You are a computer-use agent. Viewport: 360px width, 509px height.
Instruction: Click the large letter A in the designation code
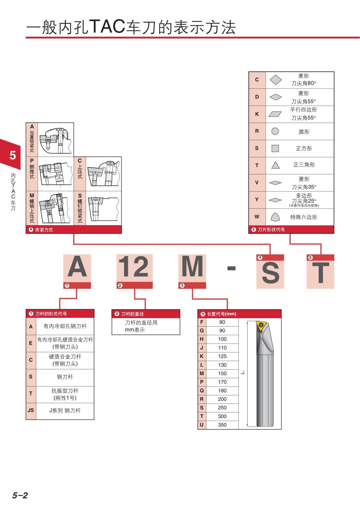click(x=77, y=266)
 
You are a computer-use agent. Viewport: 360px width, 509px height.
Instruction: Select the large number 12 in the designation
click(x=134, y=266)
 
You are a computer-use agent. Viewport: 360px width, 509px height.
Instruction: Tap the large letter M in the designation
click(x=192, y=266)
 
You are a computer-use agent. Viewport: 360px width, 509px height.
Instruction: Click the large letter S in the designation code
click(x=270, y=273)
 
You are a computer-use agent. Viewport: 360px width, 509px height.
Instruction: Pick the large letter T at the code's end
click(x=320, y=273)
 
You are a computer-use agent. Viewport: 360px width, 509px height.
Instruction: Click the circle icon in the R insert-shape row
click(x=275, y=131)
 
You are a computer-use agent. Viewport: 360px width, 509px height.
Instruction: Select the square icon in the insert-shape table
click(x=275, y=148)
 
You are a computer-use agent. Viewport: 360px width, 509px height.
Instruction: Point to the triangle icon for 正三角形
click(x=275, y=165)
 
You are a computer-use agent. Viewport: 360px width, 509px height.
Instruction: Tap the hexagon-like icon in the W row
click(x=275, y=217)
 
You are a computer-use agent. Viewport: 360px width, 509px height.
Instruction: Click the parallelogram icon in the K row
click(x=275, y=114)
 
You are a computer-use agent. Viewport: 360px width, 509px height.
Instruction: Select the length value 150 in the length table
click(x=222, y=373)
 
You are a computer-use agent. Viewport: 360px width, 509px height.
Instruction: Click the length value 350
click(x=222, y=425)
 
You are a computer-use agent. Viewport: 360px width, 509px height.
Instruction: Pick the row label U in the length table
click(x=202, y=425)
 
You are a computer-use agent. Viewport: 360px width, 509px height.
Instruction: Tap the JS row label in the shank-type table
click(x=31, y=410)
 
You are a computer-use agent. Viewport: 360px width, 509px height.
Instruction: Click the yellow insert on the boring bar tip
click(x=261, y=326)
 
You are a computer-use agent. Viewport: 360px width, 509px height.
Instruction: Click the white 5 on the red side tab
click(x=13, y=155)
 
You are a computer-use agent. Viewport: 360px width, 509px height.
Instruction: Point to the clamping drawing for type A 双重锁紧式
click(x=56, y=139)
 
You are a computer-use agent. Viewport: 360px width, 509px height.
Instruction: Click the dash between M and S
click(x=231, y=268)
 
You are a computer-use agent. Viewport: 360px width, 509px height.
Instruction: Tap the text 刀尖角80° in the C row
click(x=304, y=83)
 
